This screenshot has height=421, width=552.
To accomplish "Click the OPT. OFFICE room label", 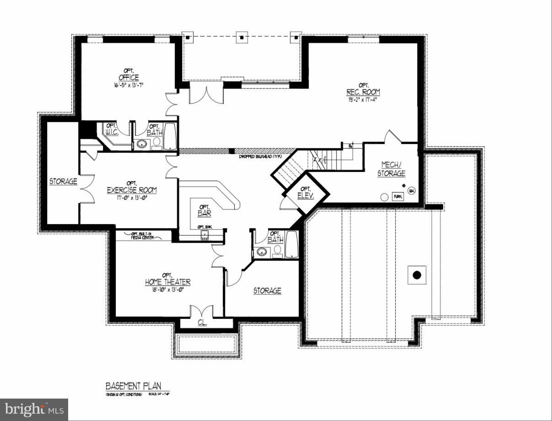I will [x=129, y=75].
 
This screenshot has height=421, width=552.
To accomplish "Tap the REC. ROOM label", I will [x=363, y=89].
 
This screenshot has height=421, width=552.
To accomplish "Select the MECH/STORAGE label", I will [x=391, y=169].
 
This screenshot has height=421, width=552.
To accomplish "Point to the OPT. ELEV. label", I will [x=305, y=193].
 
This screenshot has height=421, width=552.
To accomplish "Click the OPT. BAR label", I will [x=204, y=210].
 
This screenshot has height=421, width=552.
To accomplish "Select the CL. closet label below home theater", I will [x=202, y=323].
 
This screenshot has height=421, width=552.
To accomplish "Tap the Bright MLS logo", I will [x=34, y=409].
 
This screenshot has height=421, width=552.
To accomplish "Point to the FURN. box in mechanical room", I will [x=398, y=196].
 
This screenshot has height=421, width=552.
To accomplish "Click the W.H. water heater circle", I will [x=411, y=190].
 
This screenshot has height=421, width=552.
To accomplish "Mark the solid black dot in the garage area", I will [x=417, y=275].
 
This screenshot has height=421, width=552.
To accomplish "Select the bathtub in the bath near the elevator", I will [x=291, y=244].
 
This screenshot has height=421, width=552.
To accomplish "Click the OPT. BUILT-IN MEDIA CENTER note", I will [x=142, y=236].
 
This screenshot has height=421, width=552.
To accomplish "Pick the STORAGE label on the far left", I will [x=63, y=182].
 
